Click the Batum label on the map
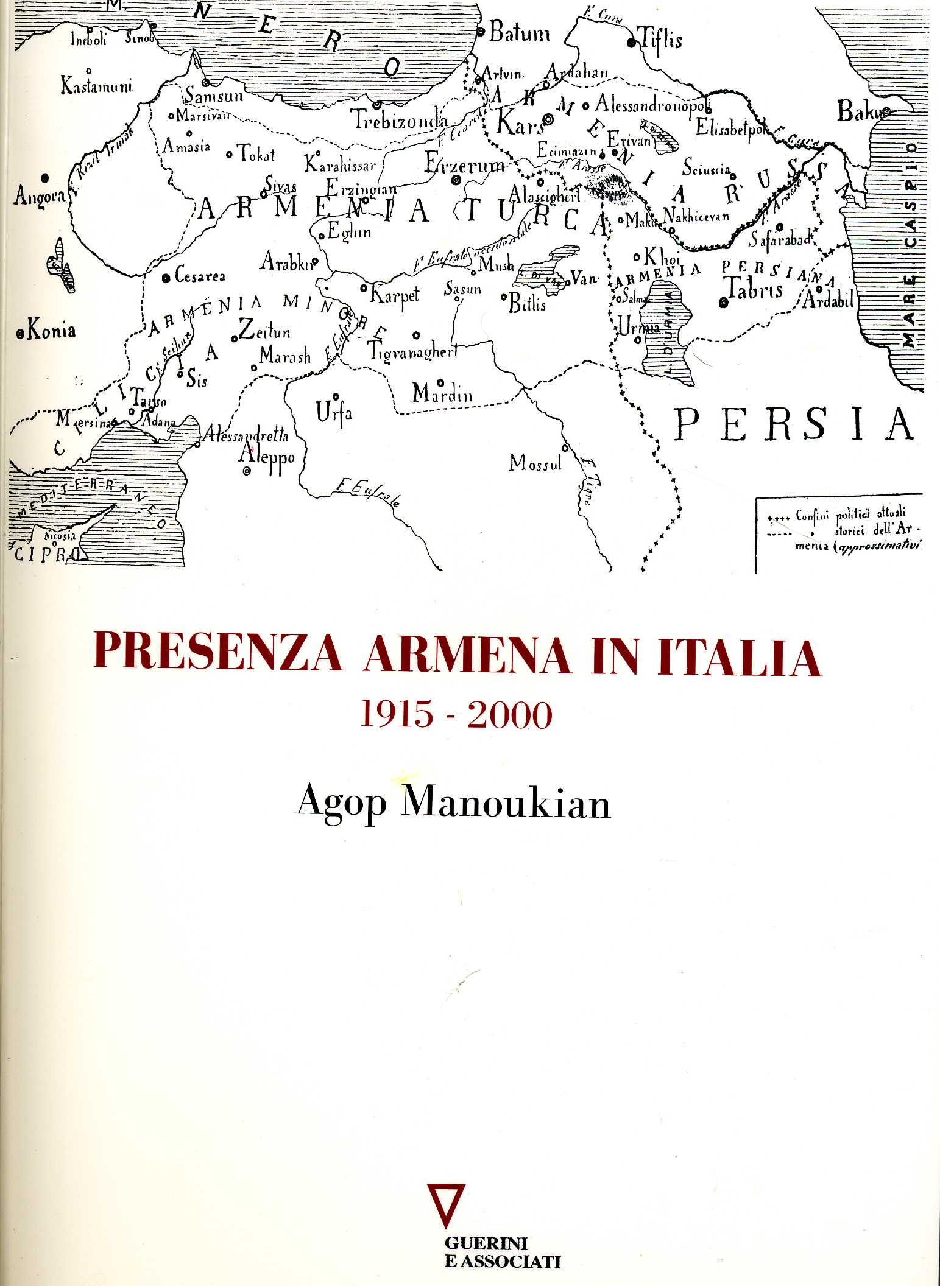[520, 33]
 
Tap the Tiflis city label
[660, 40]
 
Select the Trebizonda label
[401, 121]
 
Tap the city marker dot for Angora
[45, 178]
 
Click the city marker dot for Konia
[21, 333]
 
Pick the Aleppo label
[267, 455]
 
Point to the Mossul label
[535, 463]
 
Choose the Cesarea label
[200, 276]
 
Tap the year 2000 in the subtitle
[509, 715]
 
